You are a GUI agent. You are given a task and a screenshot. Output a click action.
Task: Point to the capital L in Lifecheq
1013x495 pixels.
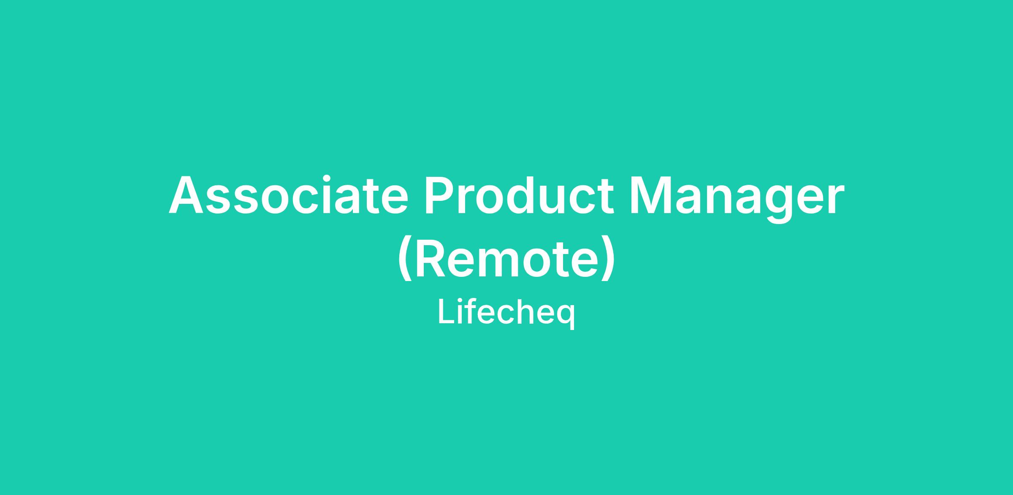tap(447, 311)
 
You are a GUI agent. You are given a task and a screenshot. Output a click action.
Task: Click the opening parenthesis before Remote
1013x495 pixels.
tap(404, 258)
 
